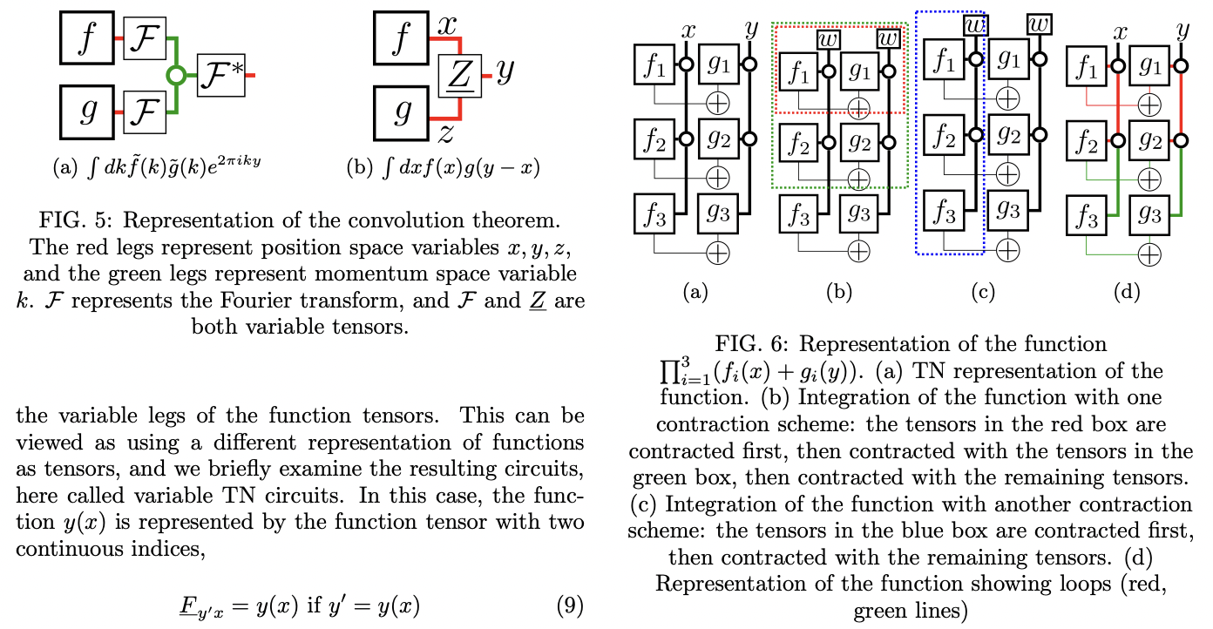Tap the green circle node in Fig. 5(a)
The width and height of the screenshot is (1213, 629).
point(177,77)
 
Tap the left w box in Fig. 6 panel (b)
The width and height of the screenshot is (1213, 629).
point(829,39)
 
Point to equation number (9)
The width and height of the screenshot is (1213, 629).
point(569,605)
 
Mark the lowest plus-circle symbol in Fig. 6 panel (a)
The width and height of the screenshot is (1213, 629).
point(716,252)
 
